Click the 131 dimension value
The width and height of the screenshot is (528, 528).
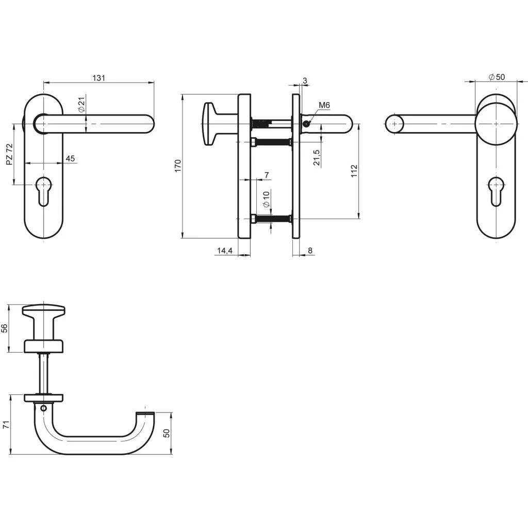(x=98, y=78)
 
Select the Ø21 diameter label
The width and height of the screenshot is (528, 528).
(x=81, y=105)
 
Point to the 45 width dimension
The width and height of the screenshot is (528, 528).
(x=70, y=159)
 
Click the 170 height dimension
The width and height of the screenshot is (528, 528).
(x=177, y=166)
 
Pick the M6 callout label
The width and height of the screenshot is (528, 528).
(x=324, y=106)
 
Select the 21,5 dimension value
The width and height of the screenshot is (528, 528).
(x=317, y=158)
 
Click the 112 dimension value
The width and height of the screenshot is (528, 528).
(x=354, y=171)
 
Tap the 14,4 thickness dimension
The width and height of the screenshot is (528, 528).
(x=225, y=251)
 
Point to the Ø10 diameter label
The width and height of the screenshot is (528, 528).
(x=266, y=199)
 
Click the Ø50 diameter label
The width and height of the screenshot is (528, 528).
(x=497, y=77)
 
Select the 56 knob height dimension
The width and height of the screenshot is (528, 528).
(x=5, y=329)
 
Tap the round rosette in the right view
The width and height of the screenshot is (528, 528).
(x=496, y=124)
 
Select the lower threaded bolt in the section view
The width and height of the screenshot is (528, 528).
(x=272, y=219)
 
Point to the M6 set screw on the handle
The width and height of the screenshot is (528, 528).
(x=306, y=124)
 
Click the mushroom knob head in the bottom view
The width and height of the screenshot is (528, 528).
(x=44, y=311)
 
